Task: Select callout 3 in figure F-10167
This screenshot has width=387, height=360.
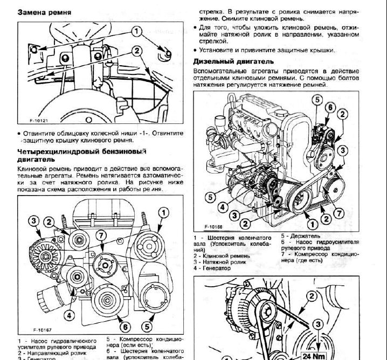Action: point(33,221)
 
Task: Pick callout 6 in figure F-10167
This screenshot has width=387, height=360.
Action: point(123,326)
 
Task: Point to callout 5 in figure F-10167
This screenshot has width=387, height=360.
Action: point(146,326)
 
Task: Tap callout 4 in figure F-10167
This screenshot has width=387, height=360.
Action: point(70,315)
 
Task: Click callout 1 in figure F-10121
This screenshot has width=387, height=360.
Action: point(136,31)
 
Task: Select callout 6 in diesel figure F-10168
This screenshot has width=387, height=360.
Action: point(328,108)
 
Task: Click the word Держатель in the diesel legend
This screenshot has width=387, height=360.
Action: point(306,236)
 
